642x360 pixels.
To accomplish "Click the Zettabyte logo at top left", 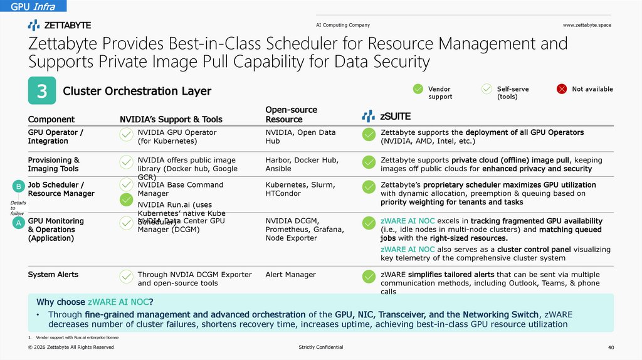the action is point(60,25).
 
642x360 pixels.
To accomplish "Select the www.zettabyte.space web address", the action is point(586,25).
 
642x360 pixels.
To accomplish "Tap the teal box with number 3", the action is point(42,92).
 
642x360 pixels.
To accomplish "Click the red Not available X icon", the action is point(562,89).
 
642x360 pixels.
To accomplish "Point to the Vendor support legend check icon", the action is point(418,89).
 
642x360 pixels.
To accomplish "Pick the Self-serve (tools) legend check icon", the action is point(487,89).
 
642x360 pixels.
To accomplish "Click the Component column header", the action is point(51,119).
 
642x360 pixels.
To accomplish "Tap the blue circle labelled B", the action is point(19,186).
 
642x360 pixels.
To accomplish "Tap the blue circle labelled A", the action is point(19,223).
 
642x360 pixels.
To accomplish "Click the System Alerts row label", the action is point(53,275).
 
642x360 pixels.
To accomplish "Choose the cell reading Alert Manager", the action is point(291,275).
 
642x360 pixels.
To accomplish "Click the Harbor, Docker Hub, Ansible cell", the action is point(300,164).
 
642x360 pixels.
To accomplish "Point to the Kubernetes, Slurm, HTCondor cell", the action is point(300,189).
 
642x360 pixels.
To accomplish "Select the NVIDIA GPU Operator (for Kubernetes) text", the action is point(177,137).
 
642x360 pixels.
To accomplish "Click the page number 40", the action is point(611,347).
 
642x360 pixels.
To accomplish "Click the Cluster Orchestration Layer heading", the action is point(137,92).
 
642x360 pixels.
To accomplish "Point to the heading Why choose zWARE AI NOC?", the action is point(95,302).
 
